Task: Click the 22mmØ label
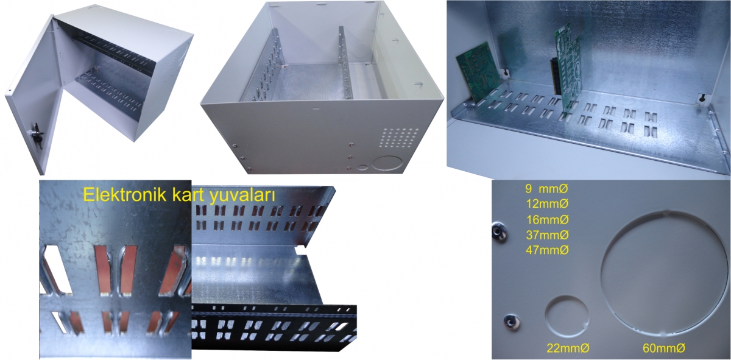[x=568, y=348]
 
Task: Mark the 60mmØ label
[x=664, y=348]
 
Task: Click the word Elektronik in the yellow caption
[x=124, y=195]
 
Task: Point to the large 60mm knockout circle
[x=663, y=274]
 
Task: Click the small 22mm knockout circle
[x=567, y=316]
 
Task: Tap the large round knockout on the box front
[x=387, y=163]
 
